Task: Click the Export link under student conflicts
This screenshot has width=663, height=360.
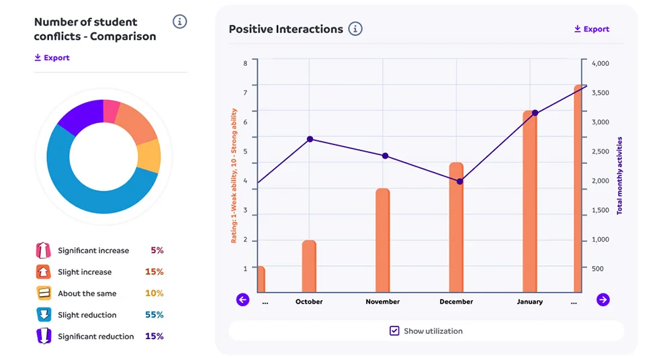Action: [52, 58]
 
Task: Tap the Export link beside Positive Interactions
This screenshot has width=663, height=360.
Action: [591, 29]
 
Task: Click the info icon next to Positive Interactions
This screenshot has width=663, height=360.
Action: [355, 29]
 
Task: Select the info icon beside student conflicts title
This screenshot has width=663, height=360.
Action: [179, 21]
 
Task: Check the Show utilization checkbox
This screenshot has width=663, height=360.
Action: [394, 330]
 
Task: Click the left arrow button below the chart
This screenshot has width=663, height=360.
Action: [242, 300]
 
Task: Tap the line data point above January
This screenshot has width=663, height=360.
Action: [535, 113]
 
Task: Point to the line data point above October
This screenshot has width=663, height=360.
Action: [310, 139]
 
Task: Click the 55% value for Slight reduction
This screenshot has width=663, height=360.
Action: [154, 314]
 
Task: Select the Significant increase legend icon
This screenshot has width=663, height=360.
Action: [43, 251]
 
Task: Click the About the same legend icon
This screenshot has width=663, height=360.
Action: [43, 294]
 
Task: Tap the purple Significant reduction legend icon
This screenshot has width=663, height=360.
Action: [43, 336]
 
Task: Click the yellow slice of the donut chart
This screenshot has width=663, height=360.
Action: [149, 156]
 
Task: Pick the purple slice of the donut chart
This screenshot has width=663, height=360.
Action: [79, 116]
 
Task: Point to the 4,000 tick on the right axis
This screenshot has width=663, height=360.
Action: [600, 63]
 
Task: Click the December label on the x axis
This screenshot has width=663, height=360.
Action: [456, 302]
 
